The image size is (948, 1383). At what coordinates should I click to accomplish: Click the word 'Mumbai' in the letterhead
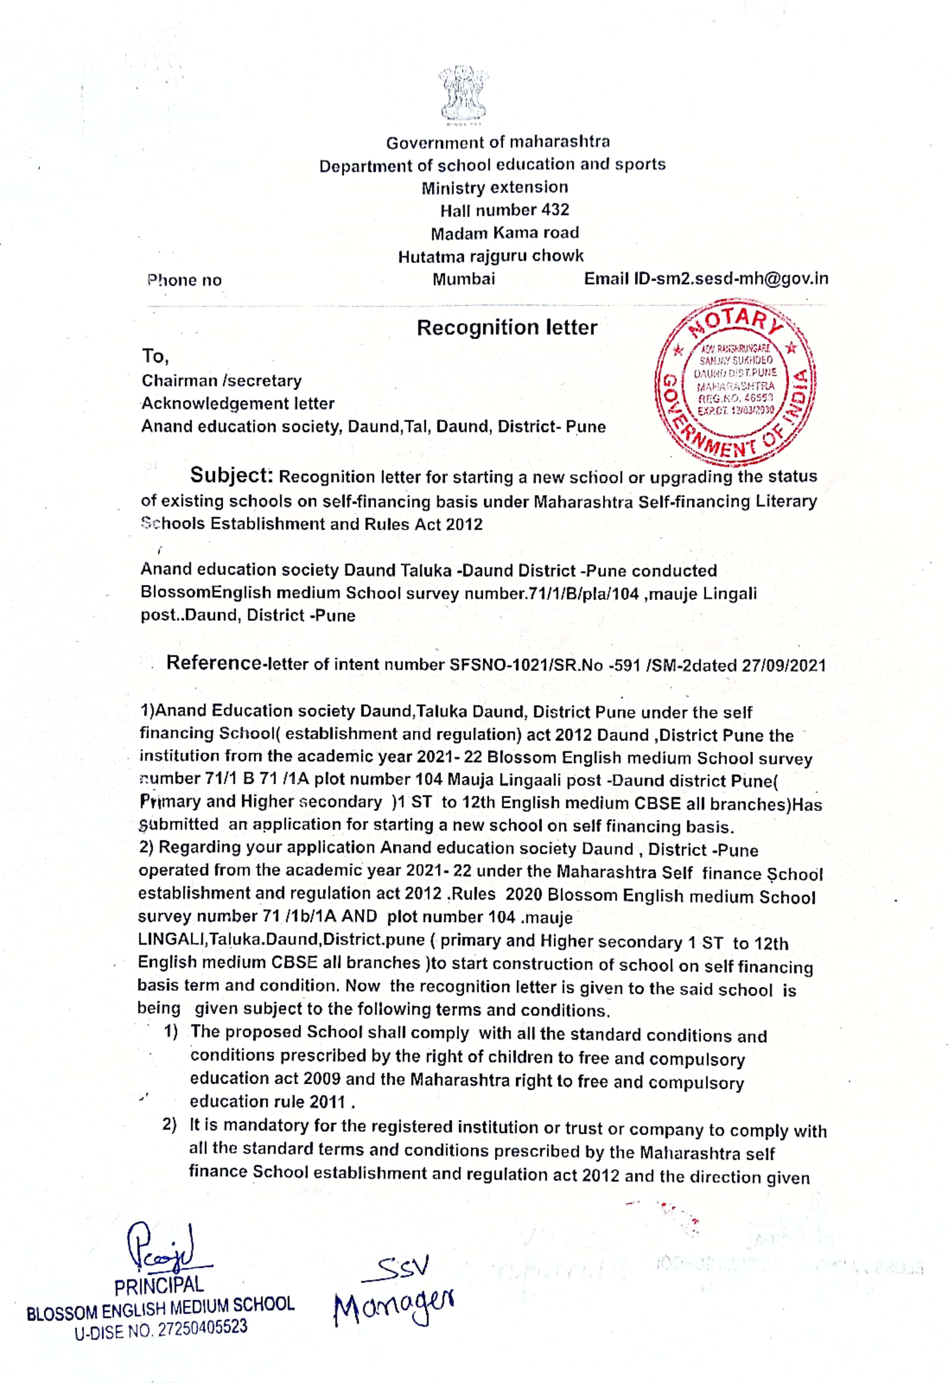[x=464, y=279]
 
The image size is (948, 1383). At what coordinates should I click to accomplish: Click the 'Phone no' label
[x=184, y=280]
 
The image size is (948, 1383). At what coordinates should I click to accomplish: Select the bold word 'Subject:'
[x=231, y=475]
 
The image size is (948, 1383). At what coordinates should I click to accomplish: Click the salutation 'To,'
[x=155, y=357]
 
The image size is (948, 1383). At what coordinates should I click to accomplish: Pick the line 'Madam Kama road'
[x=504, y=233]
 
